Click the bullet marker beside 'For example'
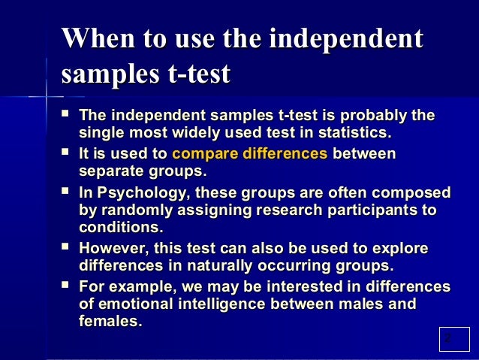tap(67, 286)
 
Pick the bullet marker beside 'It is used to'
tap(67, 153)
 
